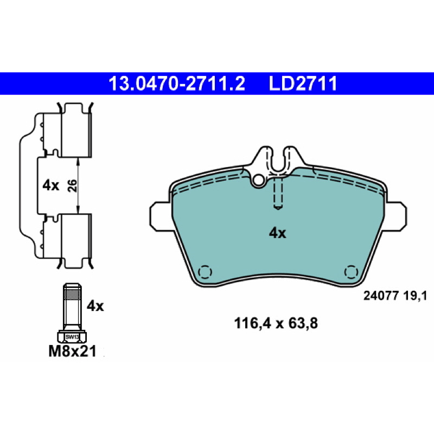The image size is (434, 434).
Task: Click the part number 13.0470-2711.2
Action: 177,84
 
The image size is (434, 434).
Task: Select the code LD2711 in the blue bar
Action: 303,84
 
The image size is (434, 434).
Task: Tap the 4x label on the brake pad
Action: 277,233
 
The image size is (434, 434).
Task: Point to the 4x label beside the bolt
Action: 95,306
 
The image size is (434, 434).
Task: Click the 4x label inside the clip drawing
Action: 50,185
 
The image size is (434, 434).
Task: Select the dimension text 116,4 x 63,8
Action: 276,323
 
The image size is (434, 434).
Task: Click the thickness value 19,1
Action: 415,296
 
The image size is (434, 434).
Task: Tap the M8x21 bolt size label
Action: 73,351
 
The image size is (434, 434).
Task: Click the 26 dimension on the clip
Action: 72,186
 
